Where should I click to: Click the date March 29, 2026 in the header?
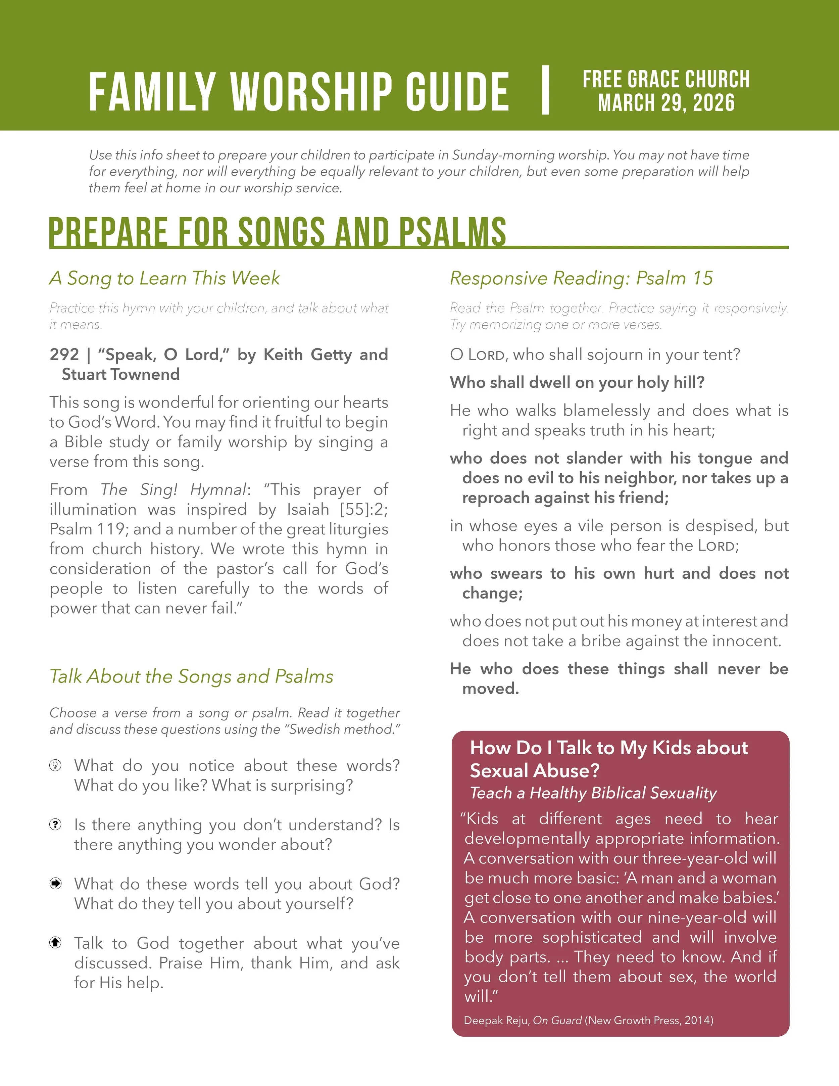(666, 103)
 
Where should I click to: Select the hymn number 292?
(64, 355)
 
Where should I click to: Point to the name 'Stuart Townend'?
(121, 374)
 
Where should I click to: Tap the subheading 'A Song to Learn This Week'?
(164, 278)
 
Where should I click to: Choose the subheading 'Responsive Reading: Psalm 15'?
(581, 278)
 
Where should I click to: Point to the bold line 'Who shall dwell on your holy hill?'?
(577, 382)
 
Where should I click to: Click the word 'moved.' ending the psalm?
(491, 689)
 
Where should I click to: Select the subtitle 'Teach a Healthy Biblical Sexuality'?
(593, 793)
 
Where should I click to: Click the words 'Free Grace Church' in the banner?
(666, 79)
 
